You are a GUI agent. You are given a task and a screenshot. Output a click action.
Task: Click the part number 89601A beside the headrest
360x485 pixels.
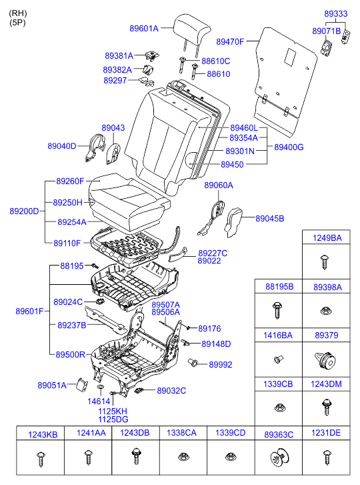pos(144,29)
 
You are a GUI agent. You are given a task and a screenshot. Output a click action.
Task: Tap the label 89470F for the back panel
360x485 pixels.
pos(230,42)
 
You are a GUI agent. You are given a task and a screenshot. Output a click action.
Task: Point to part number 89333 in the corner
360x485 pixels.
pos(335,13)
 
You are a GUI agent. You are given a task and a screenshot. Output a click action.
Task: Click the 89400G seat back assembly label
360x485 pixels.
pos(289,147)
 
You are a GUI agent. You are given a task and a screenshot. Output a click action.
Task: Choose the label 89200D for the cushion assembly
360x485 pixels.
pos(24,211)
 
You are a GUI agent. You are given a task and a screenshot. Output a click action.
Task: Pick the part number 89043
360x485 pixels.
pos(113,127)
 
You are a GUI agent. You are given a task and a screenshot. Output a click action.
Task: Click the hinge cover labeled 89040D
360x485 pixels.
pos(95,147)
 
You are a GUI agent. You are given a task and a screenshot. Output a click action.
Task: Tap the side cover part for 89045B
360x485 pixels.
pos(233,222)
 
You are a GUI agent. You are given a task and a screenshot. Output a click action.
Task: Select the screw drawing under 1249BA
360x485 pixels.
pos(325,262)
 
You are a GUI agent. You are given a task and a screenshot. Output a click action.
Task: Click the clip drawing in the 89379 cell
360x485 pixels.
pos(325,361)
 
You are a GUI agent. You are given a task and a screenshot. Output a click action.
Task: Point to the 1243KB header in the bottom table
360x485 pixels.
pos(43,434)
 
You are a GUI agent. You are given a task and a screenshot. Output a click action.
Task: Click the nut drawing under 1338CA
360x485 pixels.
pos(183,456)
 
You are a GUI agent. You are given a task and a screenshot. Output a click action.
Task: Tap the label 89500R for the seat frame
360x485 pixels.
pos(70,354)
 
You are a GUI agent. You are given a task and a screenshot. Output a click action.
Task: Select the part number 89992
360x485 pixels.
pos(220,364)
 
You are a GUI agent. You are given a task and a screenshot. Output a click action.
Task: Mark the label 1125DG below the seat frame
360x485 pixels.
pos(113,420)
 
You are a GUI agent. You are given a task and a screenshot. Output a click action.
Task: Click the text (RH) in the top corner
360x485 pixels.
pos(18,13)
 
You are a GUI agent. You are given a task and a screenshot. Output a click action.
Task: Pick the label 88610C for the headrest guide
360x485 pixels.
pos(216,61)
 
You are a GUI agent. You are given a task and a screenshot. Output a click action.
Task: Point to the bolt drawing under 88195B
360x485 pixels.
pos(277,311)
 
